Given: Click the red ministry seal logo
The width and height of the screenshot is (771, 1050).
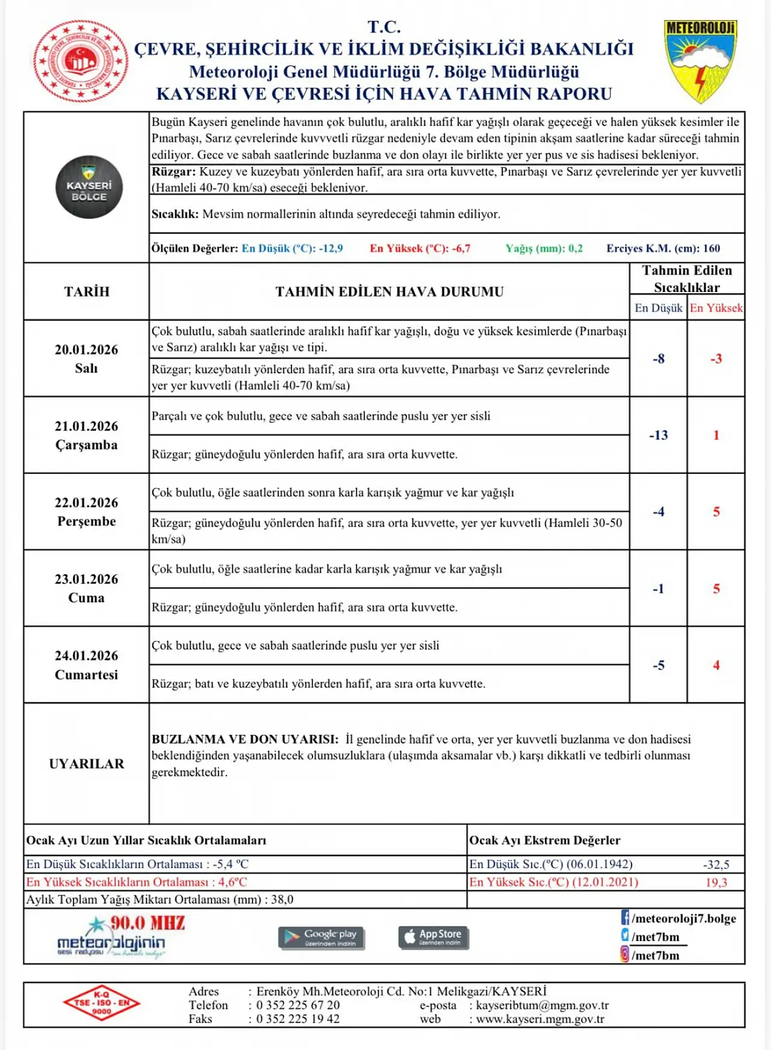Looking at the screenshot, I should (x=81, y=61).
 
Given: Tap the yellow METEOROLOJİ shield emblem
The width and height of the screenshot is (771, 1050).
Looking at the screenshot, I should (x=701, y=60).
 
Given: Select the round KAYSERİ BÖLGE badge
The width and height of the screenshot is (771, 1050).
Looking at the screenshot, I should (x=89, y=187).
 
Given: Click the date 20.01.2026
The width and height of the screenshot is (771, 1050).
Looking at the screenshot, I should (x=86, y=350).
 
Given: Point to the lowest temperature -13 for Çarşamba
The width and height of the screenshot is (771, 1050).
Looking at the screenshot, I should (x=658, y=435).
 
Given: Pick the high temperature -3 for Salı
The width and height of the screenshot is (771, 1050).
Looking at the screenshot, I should (x=716, y=359).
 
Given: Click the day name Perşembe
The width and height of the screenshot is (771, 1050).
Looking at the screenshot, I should (x=86, y=521).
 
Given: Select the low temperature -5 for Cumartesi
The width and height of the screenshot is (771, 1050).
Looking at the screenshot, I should (x=658, y=665).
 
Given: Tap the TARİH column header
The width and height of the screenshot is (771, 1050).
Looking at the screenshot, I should (x=86, y=291).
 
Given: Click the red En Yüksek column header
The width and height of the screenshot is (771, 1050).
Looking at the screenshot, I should (x=716, y=308).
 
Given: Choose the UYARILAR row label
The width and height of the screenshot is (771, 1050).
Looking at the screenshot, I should (x=86, y=763).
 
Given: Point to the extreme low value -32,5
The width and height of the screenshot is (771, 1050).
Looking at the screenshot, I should (x=716, y=865).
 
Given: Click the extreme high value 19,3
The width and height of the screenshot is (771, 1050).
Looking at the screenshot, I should (x=716, y=883).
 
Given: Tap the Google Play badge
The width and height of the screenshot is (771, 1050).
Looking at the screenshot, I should (x=321, y=937).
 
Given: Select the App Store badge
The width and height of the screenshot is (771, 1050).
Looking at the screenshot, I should (x=433, y=937).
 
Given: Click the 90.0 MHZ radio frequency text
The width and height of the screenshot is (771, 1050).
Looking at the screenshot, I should (x=148, y=923).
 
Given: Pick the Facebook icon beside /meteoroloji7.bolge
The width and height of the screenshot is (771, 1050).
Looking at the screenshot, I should (x=625, y=918).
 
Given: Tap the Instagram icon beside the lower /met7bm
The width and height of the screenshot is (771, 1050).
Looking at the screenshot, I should (x=625, y=954).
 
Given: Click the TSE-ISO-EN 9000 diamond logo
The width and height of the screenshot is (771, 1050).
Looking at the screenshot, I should (x=101, y=1003).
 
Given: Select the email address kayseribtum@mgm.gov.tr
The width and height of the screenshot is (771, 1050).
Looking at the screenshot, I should (x=542, y=1005).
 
